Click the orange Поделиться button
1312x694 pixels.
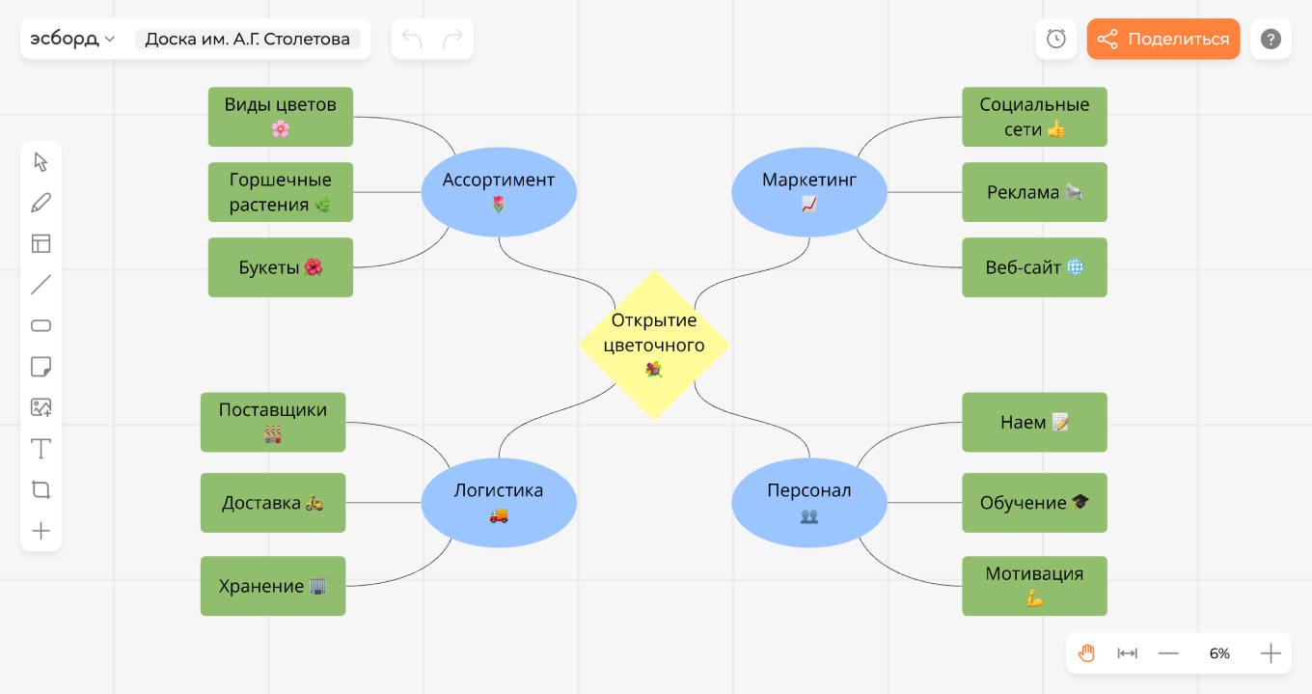tap(1162, 40)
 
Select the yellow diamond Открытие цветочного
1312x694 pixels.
tap(654, 345)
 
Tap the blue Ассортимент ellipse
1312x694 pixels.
tap(499, 191)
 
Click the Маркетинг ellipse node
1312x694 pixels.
tap(808, 191)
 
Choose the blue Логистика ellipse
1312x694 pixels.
tap(499, 502)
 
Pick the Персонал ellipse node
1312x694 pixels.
tap(808, 502)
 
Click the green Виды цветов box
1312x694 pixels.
tap(280, 116)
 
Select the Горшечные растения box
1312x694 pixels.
tap(280, 191)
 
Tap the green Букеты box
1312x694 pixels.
tap(280, 267)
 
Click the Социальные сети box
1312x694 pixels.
tap(1034, 116)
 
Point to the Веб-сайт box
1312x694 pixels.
tap(1034, 267)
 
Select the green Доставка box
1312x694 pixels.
tap(272, 502)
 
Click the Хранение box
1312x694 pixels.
tap(272, 586)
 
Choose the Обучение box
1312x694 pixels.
tap(1034, 502)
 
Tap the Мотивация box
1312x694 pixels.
tap(1034, 586)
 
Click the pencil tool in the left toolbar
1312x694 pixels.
tap(41, 203)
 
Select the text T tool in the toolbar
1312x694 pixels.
tap(41, 449)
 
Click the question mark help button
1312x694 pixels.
tap(1271, 40)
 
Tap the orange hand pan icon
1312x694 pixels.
tap(1086, 653)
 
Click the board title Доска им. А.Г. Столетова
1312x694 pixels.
tap(248, 40)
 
